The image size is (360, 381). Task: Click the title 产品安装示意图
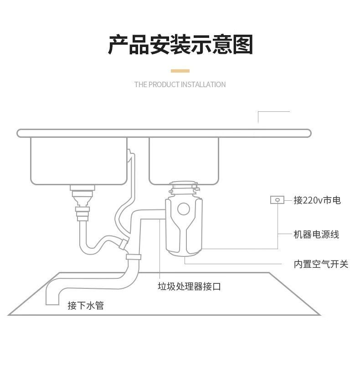click(x=180, y=45)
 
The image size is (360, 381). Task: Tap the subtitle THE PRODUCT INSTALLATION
click(x=180, y=84)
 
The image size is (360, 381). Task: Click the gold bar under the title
click(x=180, y=71)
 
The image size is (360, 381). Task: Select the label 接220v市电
click(x=317, y=200)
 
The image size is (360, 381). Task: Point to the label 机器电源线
click(x=316, y=235)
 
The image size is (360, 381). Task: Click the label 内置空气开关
click(x=321, y=264)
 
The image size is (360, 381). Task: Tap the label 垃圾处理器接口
click(x=189, y=287)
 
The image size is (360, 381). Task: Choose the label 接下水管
click(x=86, y=305)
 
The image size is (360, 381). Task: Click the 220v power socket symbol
click(x=277, y=200)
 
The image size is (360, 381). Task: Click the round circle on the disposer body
click(x=183, y=209)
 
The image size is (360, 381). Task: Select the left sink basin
click(x=78, y=161)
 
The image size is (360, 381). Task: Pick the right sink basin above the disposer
click(x=184, y=160)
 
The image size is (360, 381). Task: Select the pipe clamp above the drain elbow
click(x=134, y=257)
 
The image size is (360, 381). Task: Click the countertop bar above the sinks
click(x=164, y=133)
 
